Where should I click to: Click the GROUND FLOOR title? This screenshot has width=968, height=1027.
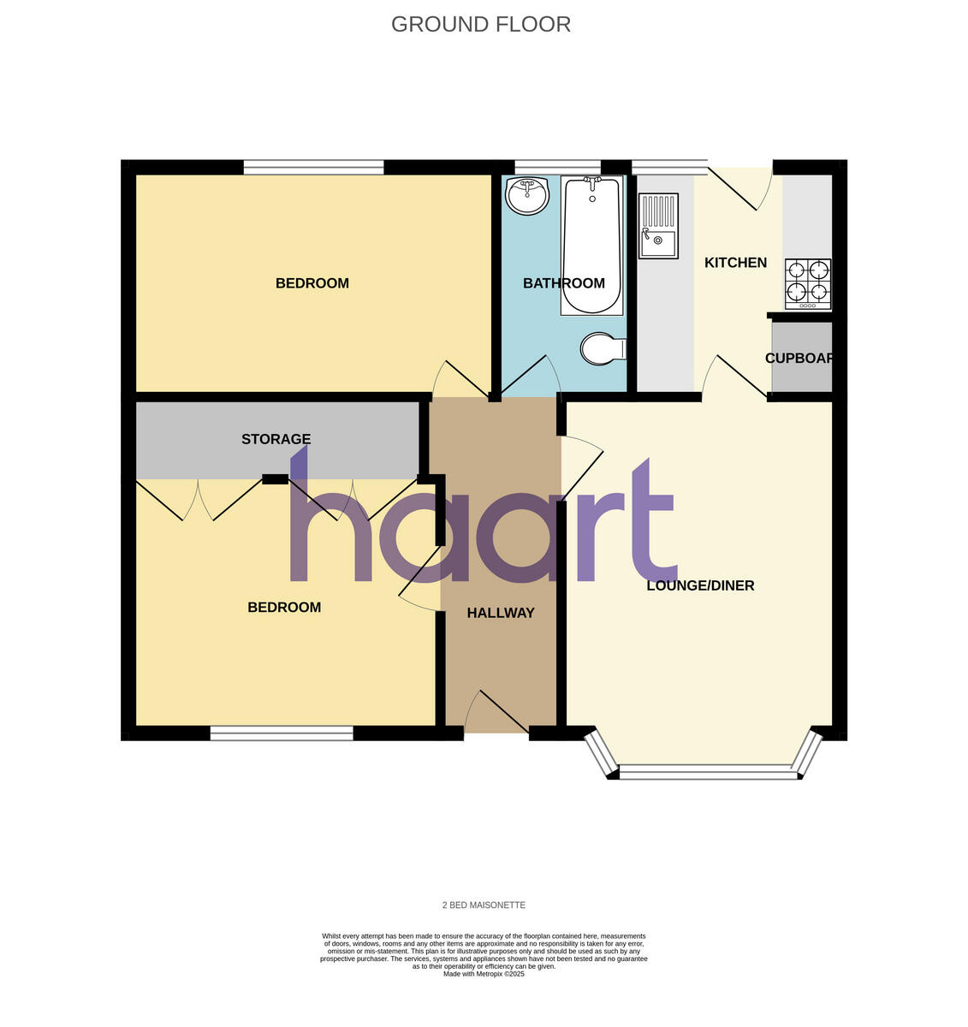tap(481, 24)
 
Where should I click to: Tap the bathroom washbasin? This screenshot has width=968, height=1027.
tap(527, 196)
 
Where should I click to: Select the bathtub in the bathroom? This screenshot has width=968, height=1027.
tap(591, 245)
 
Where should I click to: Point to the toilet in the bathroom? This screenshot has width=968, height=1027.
tap(603, 348)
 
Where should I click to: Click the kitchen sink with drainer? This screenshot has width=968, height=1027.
tap(659, 226)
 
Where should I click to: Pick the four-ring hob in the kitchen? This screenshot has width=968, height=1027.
tap(808, 284)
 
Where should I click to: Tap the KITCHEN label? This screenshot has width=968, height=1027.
tap(735, 263)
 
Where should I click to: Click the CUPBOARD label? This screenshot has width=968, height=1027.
tap(799, 359)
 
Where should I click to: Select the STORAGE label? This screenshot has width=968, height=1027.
tap(276, 439)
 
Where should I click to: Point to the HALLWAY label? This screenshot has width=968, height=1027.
tap(501, 613)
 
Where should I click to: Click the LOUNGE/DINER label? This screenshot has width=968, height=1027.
tap(700, 586)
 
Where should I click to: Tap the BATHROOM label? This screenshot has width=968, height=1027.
tap(564, 283)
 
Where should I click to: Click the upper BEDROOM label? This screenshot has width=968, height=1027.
tap(312, 283)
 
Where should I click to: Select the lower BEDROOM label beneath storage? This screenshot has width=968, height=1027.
tap(284, 608)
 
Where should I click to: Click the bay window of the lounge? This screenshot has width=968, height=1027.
tap(706, 772)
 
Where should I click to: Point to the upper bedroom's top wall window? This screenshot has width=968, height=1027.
tap(313, 168)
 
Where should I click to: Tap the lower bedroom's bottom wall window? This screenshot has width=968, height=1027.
tap(282, 733)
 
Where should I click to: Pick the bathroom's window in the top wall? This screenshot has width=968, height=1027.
tap(557, 167)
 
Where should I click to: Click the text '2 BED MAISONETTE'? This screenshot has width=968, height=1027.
tap(484, 905)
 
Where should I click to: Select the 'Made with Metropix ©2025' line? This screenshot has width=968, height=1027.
tap(484, 974)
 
